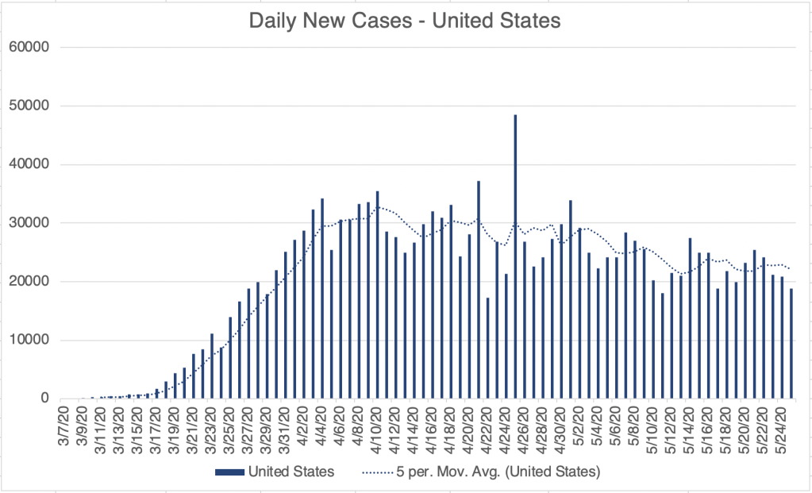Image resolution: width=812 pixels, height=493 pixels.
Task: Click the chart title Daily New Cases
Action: click(405, 21)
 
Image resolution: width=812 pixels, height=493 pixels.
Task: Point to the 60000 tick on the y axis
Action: click(29, 47)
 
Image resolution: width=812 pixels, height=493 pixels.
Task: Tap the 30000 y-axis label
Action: click(29, 223)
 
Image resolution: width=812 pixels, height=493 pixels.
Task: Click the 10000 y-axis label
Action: click(29, 341)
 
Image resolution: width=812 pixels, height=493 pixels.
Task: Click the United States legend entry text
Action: click(291, 472)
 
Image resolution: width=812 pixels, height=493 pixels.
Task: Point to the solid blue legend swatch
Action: click(229, 472)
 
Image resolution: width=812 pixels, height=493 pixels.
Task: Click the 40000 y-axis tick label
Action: click(29, 164)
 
